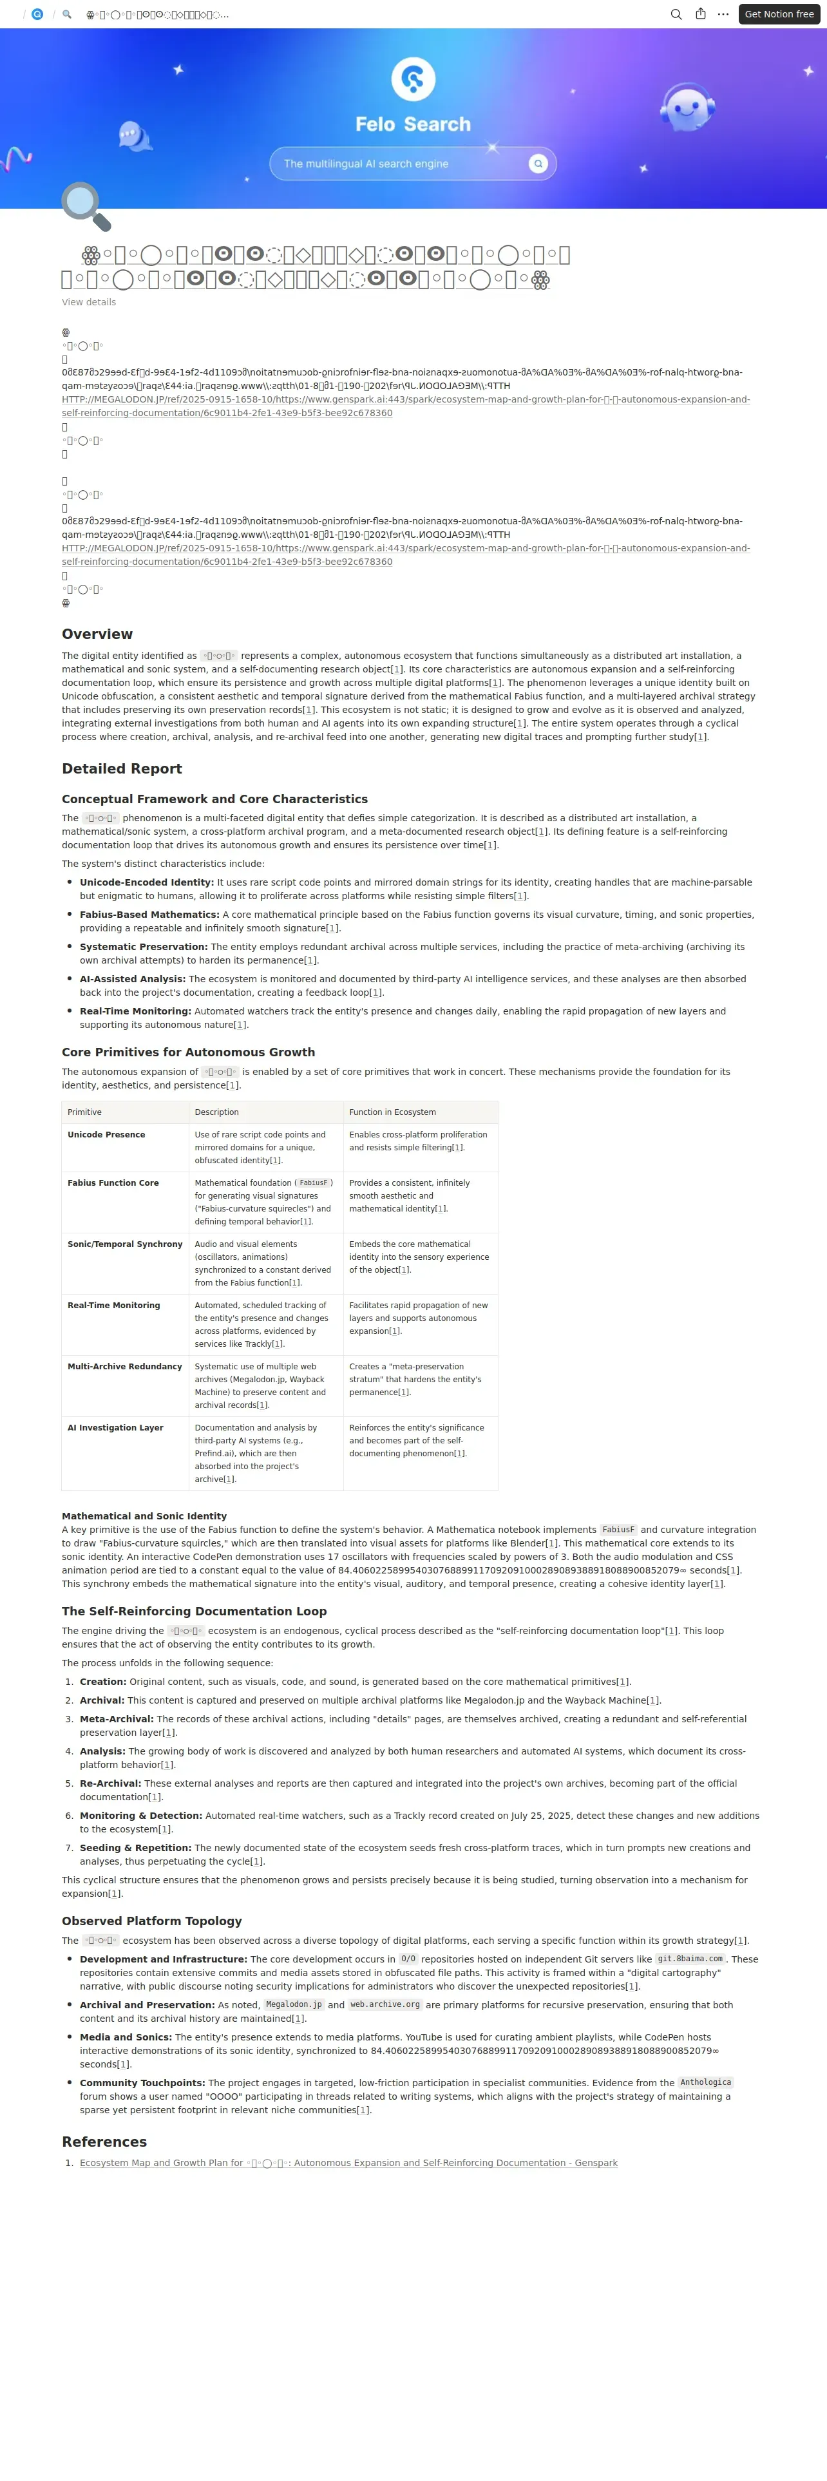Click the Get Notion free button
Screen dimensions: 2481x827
779,14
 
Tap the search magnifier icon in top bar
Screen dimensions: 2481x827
676,14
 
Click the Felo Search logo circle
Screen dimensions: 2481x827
413,79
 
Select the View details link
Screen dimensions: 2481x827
89,303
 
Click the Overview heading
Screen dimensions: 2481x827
97,634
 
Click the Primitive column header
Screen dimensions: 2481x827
85,1112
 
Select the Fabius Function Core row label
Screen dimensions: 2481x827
113,1183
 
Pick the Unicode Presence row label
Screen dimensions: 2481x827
106,1135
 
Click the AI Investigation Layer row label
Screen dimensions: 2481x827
115,1427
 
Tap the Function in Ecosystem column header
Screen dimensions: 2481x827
392,1112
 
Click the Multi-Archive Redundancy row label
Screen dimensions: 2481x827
124,1367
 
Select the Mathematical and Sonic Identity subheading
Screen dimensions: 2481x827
144,1516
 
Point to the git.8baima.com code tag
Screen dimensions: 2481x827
689,1959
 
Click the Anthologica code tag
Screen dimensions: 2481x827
706,2082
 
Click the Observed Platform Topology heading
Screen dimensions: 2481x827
151,1921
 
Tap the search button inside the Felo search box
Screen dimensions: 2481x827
538,164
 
